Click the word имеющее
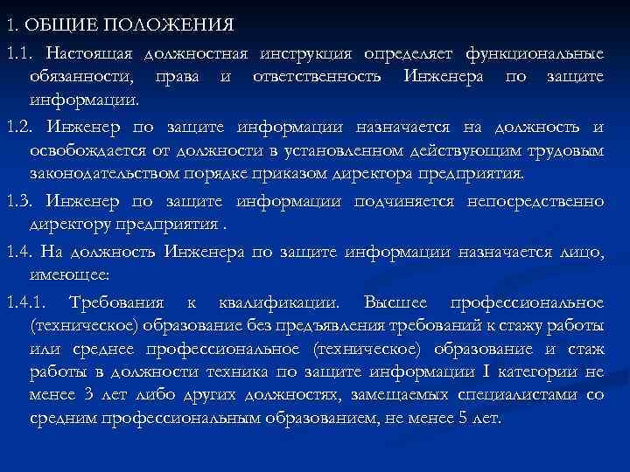coord(69,274)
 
